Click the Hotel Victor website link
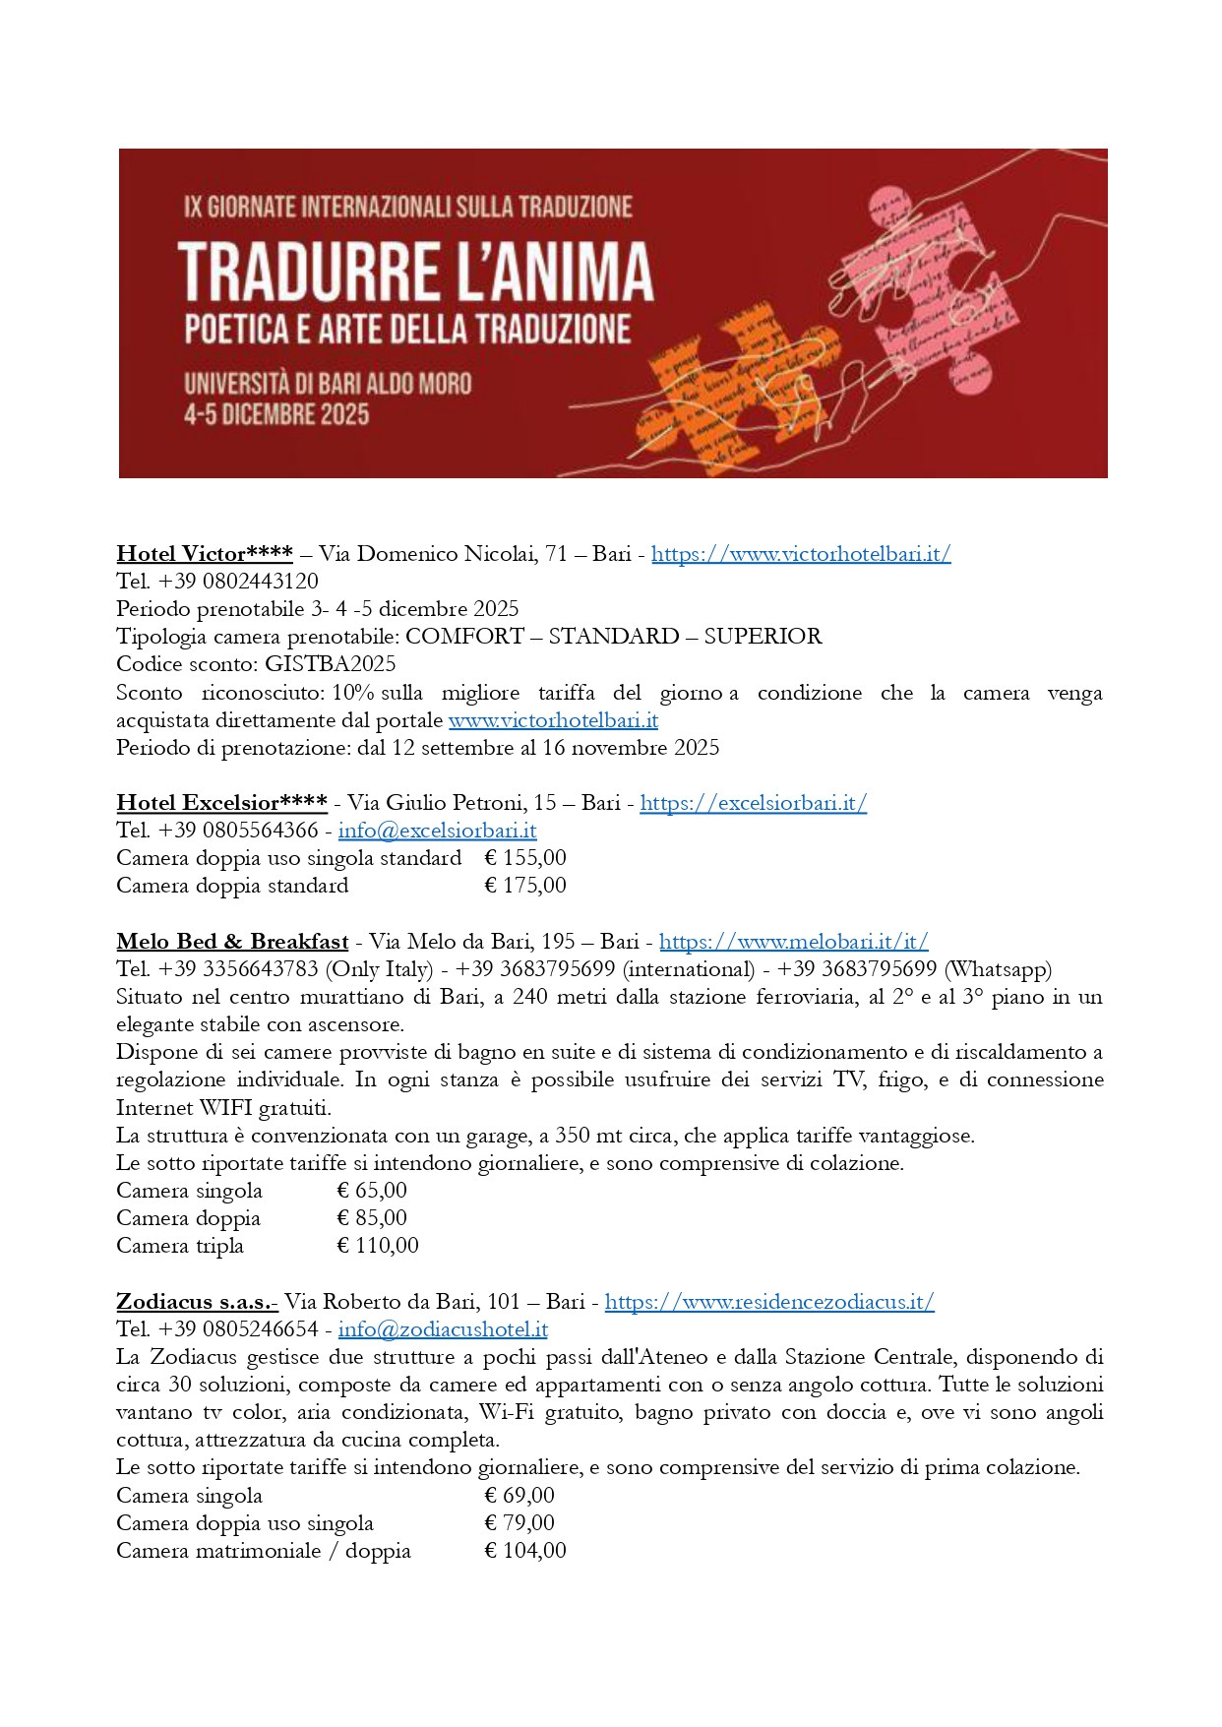tap(800, 554)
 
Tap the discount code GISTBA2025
tap(330, 664)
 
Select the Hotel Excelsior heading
tap(221, 803)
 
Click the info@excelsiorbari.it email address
tap(437, 831)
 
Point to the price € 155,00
tap(525, 858)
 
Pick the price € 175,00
tap(525, 886)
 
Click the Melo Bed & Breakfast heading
tap(232, 942)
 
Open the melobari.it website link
tap(793, 942)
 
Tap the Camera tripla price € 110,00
tap(378, 1246)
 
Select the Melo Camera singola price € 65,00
tap(372, 1191)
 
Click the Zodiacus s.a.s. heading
tap(197, 1302)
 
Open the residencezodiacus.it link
tap(768, 1302)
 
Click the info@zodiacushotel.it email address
tap(443, 1329)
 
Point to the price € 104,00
tap(525, 1551)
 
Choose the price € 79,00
tap(519, 1523)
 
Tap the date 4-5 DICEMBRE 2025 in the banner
tap(276, 414)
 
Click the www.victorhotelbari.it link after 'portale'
tap(553, 720)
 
